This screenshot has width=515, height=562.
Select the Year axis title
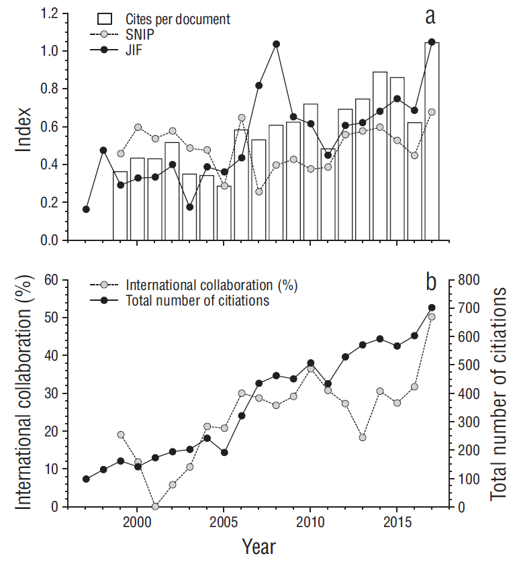[x=259, y=547]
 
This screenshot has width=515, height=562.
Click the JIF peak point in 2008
[x=275, y=44]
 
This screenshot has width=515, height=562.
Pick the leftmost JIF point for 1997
[x=86, y=209]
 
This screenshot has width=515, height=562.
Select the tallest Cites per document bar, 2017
[x=432, y=141]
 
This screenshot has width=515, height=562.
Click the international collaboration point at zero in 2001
[x=155, y=506]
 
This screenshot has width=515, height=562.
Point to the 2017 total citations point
[x=432, y=308]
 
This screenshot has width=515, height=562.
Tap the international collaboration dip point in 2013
[x=363, y=437]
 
